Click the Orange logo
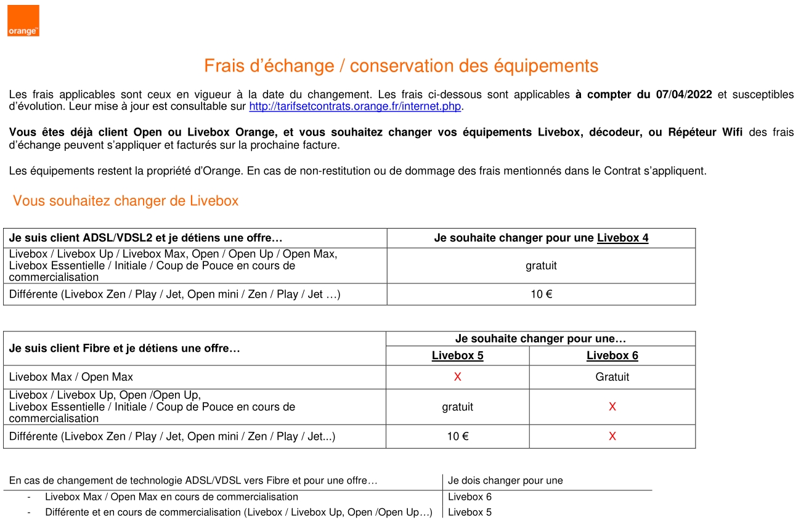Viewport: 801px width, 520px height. coord(23,21)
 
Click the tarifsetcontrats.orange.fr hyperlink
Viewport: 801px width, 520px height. coord(355,107)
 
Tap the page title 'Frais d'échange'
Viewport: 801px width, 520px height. coord(401,66)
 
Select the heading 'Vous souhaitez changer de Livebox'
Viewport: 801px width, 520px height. coord(126,201)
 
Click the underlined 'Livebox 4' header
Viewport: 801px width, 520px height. coord(622,238)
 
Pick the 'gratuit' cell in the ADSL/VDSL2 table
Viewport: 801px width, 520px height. coord(541,266)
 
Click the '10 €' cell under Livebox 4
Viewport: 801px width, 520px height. coord(541,294)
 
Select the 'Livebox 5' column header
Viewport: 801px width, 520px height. coord(457,355)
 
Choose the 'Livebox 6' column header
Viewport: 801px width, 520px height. coord(612,355)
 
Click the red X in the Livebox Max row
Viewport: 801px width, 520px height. coord(457,377)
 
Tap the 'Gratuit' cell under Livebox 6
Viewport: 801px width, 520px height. coord(612,377)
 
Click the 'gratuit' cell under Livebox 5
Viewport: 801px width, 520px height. coord(457,407)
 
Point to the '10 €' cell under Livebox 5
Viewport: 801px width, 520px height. coord(457,436)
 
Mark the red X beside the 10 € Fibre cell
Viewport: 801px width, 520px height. coord(612,436)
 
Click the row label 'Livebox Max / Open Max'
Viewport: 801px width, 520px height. coord(71,377)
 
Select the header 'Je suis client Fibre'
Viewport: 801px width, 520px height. coord(124,348)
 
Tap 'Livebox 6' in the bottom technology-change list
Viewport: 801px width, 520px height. coord(470,497)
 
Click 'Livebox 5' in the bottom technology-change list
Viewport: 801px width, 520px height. coord(470,512)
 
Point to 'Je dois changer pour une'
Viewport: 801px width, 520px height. coord(505,481)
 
